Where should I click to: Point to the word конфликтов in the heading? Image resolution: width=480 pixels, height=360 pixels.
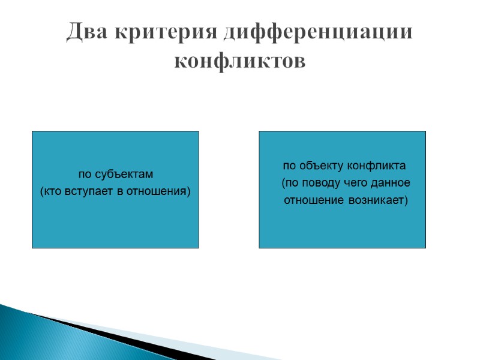pos(239,61)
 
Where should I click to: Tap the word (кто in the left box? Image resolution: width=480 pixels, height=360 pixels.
pos(50,191)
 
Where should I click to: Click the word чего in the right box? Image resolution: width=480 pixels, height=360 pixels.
pos(348,182)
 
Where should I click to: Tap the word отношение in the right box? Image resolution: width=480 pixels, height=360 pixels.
pos(313,199)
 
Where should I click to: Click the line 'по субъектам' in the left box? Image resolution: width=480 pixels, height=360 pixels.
pos(116,175)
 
